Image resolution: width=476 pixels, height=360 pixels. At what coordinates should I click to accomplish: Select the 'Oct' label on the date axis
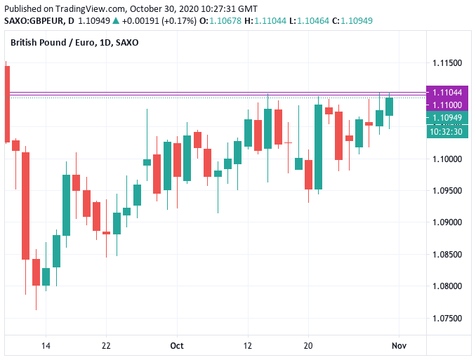pyautogui.click(x=176, y=346)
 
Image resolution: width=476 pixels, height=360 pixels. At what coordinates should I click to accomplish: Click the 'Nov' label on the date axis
pyautogui.click(x=399, y=346)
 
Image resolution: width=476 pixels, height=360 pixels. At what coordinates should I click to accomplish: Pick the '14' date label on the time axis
pyautogui.click(x=46, y=346)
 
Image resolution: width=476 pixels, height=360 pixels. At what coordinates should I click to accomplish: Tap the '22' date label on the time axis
pyautogui.click(x=106, y=346)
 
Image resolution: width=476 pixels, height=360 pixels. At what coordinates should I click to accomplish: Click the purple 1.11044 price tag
pyautogui.click(x=447, y=93)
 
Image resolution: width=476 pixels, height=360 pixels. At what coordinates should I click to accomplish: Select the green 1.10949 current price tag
pyautogui.click(x=447, y=118)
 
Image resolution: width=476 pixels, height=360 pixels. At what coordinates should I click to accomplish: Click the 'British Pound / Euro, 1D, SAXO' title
pyautogui.click(x=74, y=43)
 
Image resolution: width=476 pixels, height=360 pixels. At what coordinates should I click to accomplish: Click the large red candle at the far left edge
pyautogui.click(x=6, y=102)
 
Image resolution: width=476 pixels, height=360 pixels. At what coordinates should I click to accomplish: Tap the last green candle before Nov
pyautogui.click(x=389, y=106)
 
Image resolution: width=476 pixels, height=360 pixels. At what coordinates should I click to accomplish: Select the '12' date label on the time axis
pyautogui.click(x=248, y=346)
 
